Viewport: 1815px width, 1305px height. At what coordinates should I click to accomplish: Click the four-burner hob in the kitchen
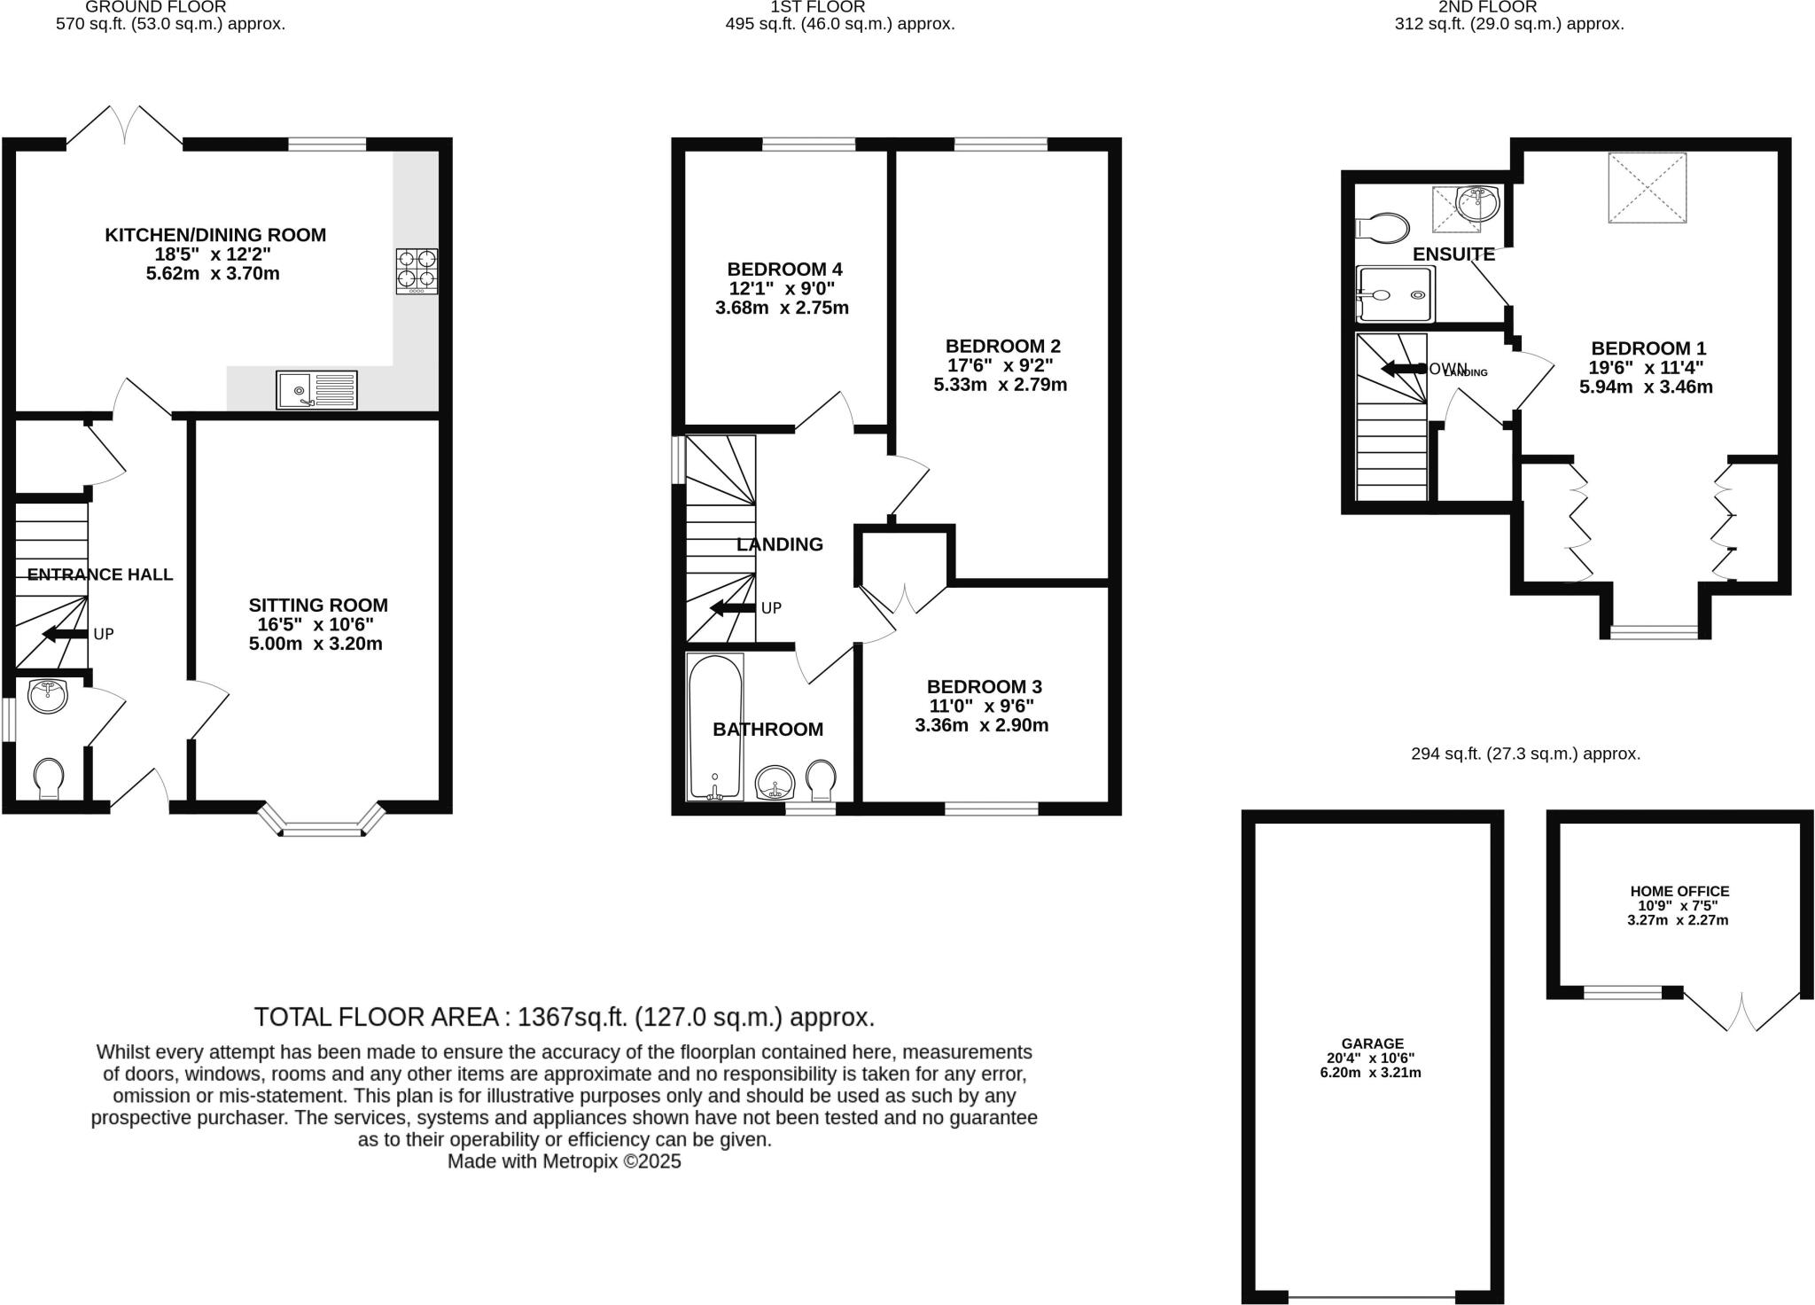(x=417, y=270)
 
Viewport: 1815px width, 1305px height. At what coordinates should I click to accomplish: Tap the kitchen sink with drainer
(x=316, y=390)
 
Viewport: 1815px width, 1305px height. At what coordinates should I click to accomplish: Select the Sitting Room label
(x=318, y=606)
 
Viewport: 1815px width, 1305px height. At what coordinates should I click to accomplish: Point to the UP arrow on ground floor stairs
(x=62, y=634)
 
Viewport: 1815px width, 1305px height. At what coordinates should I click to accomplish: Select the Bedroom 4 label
(x=784, y=270)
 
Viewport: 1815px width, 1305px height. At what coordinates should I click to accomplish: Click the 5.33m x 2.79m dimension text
(x=1001, y=385)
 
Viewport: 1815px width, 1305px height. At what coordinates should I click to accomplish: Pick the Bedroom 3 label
(x=984, y=686)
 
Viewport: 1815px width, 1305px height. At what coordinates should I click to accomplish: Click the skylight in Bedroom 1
(x=1647, y=187)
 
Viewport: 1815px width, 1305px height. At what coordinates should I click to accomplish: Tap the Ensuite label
(x=1453, y=254)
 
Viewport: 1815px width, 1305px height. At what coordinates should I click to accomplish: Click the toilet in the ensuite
(x=1383, y=228)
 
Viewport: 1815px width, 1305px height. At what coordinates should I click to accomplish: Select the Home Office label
(x=1679, y=891)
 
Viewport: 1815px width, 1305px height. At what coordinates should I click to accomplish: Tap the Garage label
(x=1372, y=1043)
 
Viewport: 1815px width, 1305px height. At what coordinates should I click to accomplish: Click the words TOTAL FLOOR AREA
(x=377, y=1017)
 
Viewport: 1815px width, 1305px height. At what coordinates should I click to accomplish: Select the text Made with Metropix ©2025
(x=564, y=1161)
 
